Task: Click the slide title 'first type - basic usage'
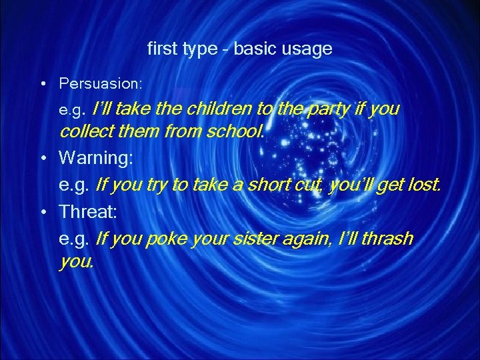point(239,49)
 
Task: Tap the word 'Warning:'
point(96,158)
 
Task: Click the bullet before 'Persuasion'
point(42,84)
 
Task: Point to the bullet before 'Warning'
point(42,158)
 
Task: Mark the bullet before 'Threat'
point(42,212)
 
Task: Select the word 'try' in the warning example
point(154,185)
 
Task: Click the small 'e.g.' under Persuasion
point(73,109)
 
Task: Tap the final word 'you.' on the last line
point(77,263)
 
